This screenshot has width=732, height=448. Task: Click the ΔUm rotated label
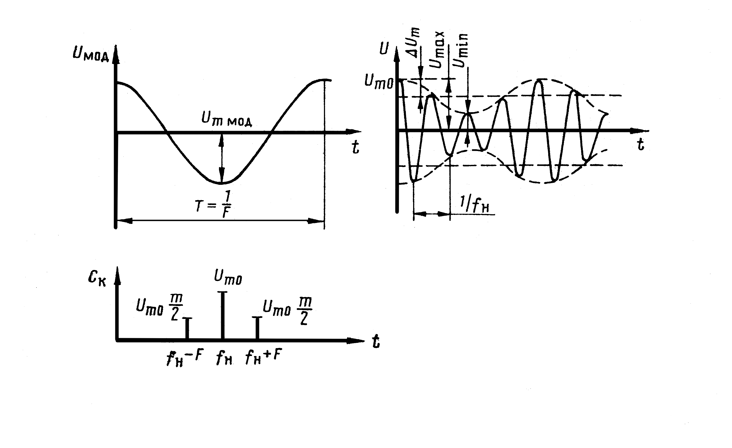click(413, 43)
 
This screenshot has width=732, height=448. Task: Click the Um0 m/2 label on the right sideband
click(287, 311)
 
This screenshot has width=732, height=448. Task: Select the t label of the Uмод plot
click(355, 147)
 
